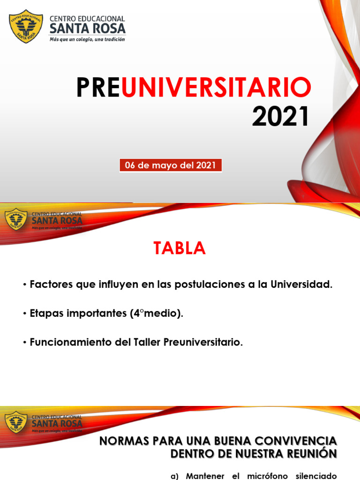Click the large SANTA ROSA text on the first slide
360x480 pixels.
coord(88,28)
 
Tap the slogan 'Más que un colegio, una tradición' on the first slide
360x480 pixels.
coord(88,40)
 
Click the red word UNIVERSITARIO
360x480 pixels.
coord(216,88)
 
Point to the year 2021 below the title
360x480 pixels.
coord(281,117)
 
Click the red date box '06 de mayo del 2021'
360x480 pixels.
coord(170,165)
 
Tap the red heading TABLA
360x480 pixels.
coord(180,248)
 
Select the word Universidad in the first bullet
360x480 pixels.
coord(301,285)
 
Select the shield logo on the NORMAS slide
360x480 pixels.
coord(16,422)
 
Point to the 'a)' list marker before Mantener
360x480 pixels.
coord(175,476)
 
